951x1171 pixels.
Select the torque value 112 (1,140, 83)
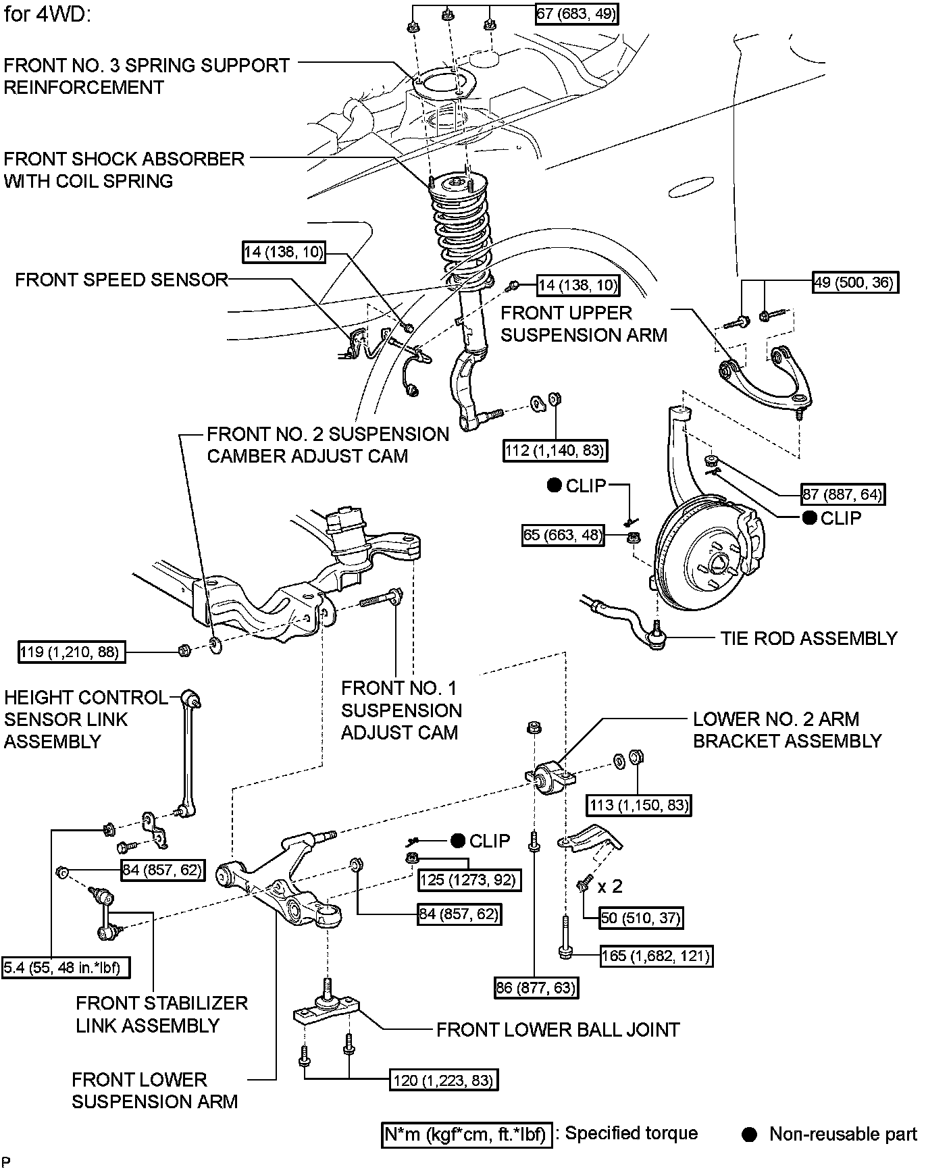click(555, 450)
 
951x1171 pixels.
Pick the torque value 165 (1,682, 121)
click(656, 956)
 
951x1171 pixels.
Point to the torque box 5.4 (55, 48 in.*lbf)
click(66, 968)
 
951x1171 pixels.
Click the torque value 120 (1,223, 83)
click(444, 1081)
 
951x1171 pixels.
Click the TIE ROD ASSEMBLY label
click(808, 638)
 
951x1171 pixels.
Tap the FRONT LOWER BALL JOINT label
click(558, 1029)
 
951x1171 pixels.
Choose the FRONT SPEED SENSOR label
click(122, 280)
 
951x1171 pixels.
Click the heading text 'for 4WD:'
click(47, 14)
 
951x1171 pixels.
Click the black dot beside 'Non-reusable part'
click(749, 1135)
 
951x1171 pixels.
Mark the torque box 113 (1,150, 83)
click(639, 805)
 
